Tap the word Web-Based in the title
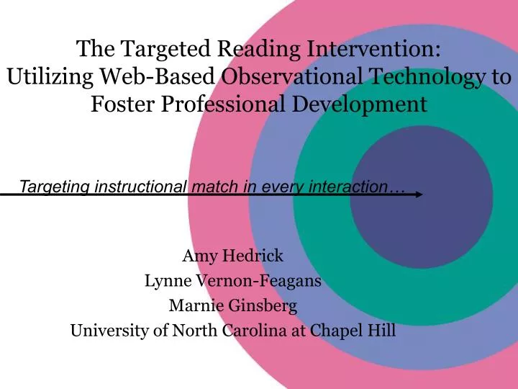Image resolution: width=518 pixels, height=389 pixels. pyautogui.click(x=154, y=77)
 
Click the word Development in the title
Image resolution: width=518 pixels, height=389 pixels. pyautogui.click(x=368, y=104)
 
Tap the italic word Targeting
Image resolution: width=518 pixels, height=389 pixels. pyautogui.click(x=51, y=187)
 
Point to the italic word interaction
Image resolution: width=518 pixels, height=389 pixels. pyautogui.click(x=344, y=187)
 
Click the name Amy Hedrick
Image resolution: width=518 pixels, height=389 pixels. pyautogui.click(x=232, y=256)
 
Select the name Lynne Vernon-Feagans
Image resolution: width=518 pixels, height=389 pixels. pyautogui.click(x=232, y=281)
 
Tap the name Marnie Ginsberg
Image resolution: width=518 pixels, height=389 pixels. pyautogui.click(x=232, y=305)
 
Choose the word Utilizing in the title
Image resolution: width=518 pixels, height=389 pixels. pyautogui.click(x=49, y=77)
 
